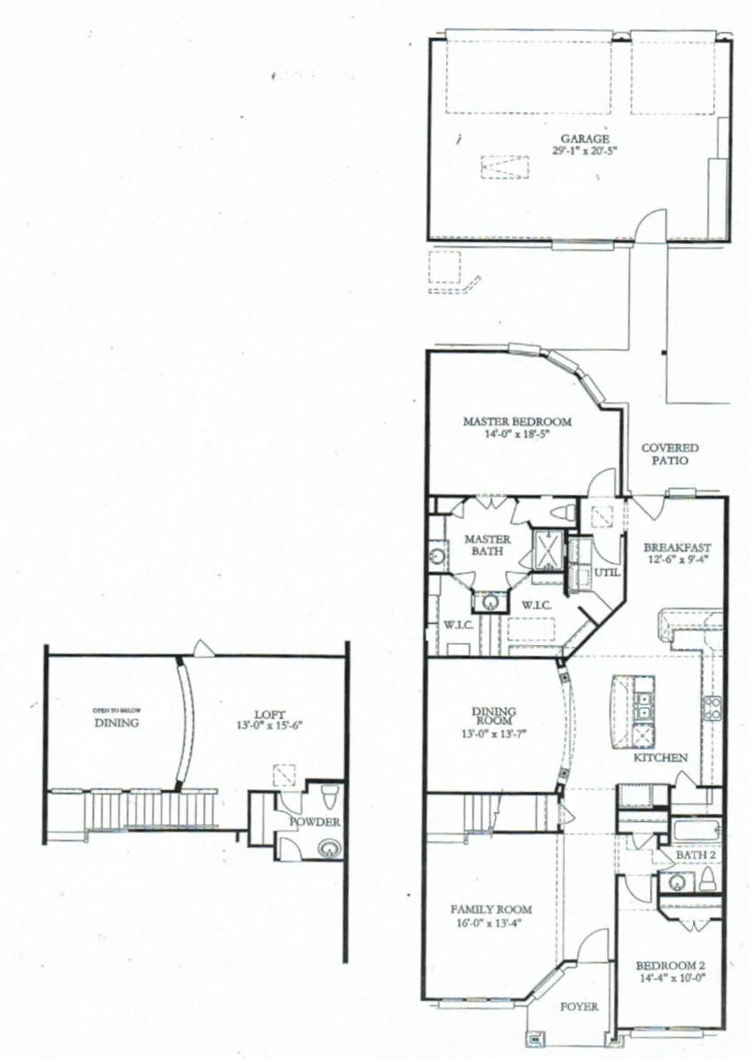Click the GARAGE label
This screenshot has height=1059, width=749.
pos(584,139)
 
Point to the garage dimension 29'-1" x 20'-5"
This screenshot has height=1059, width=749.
pos(584,151)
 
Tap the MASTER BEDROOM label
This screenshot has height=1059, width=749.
pos(517,422)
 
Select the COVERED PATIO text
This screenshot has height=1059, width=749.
pos(670,455)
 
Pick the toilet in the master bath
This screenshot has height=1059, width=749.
pos(562,513)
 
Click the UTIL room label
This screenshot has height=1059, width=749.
pos(607,572)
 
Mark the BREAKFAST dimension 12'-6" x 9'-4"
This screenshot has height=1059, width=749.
pos(677,560)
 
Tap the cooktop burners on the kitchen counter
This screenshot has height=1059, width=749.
pos(712,707)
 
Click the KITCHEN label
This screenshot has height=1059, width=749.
pos(659,758)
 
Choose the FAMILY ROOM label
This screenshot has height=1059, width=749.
pos(490,909)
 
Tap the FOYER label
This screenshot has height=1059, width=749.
pos(578,1007)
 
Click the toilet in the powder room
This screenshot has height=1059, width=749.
pos(328,792)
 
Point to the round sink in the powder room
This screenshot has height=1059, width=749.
pos(330,848)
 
